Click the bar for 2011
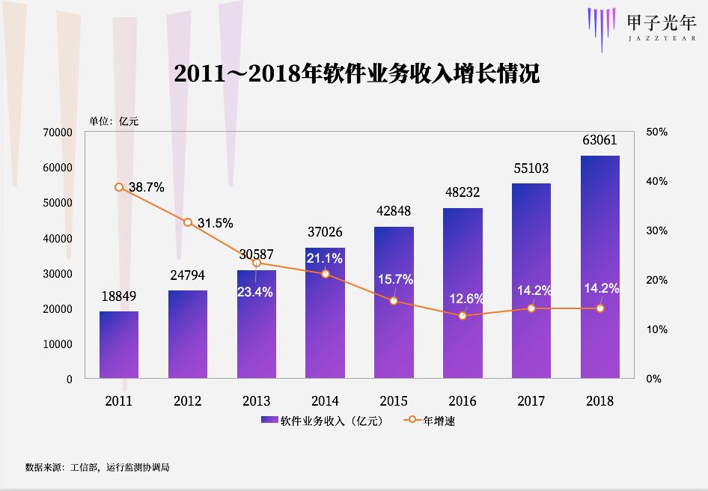coord(119,344)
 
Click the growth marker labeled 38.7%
coord(119,187)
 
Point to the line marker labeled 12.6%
coord(463,316)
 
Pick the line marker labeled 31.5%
coord(188,222)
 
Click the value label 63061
coord(600,140)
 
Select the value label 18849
coord(119,296)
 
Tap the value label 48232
coord(463,192)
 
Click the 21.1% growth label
coord(325,258)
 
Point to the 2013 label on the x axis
coord(257,401)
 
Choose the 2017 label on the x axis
coord(531,401)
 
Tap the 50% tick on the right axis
coord(657,132)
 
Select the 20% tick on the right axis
coord(657,280)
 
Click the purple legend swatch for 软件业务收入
coord(269,421)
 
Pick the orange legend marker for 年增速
coord(411,421)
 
